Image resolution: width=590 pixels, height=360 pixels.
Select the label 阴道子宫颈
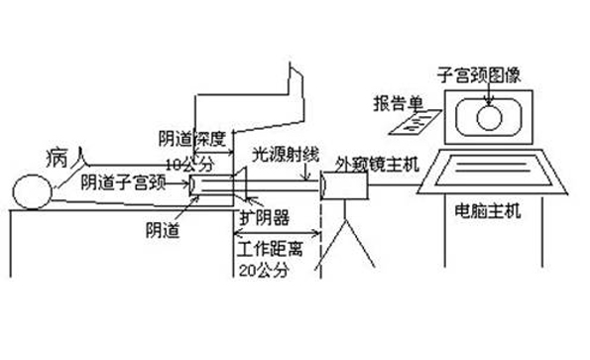120,182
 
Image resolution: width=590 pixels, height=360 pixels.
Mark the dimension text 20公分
261,267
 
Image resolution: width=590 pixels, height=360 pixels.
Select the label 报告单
396,103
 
